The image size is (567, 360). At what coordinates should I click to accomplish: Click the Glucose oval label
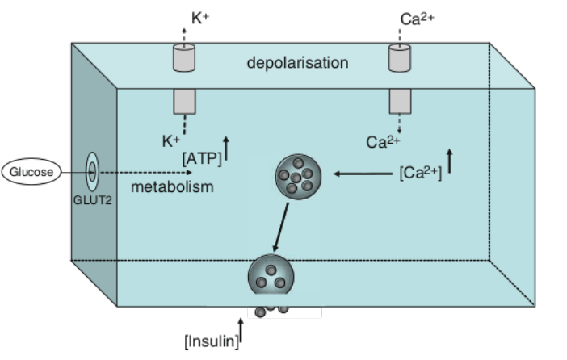[31, 171]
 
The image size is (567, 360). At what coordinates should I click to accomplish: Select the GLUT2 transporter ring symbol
[92, 171]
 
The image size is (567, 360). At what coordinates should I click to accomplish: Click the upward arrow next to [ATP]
[226, 147]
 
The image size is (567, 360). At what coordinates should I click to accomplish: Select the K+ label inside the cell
[170, 141]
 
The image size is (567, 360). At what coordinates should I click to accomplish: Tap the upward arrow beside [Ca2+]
[450, 160]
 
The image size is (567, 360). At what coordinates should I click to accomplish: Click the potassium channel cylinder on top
[184, 58]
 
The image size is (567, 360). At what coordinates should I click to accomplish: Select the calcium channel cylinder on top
[401, 58]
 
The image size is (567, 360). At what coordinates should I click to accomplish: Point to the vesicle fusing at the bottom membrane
[271, 277]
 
